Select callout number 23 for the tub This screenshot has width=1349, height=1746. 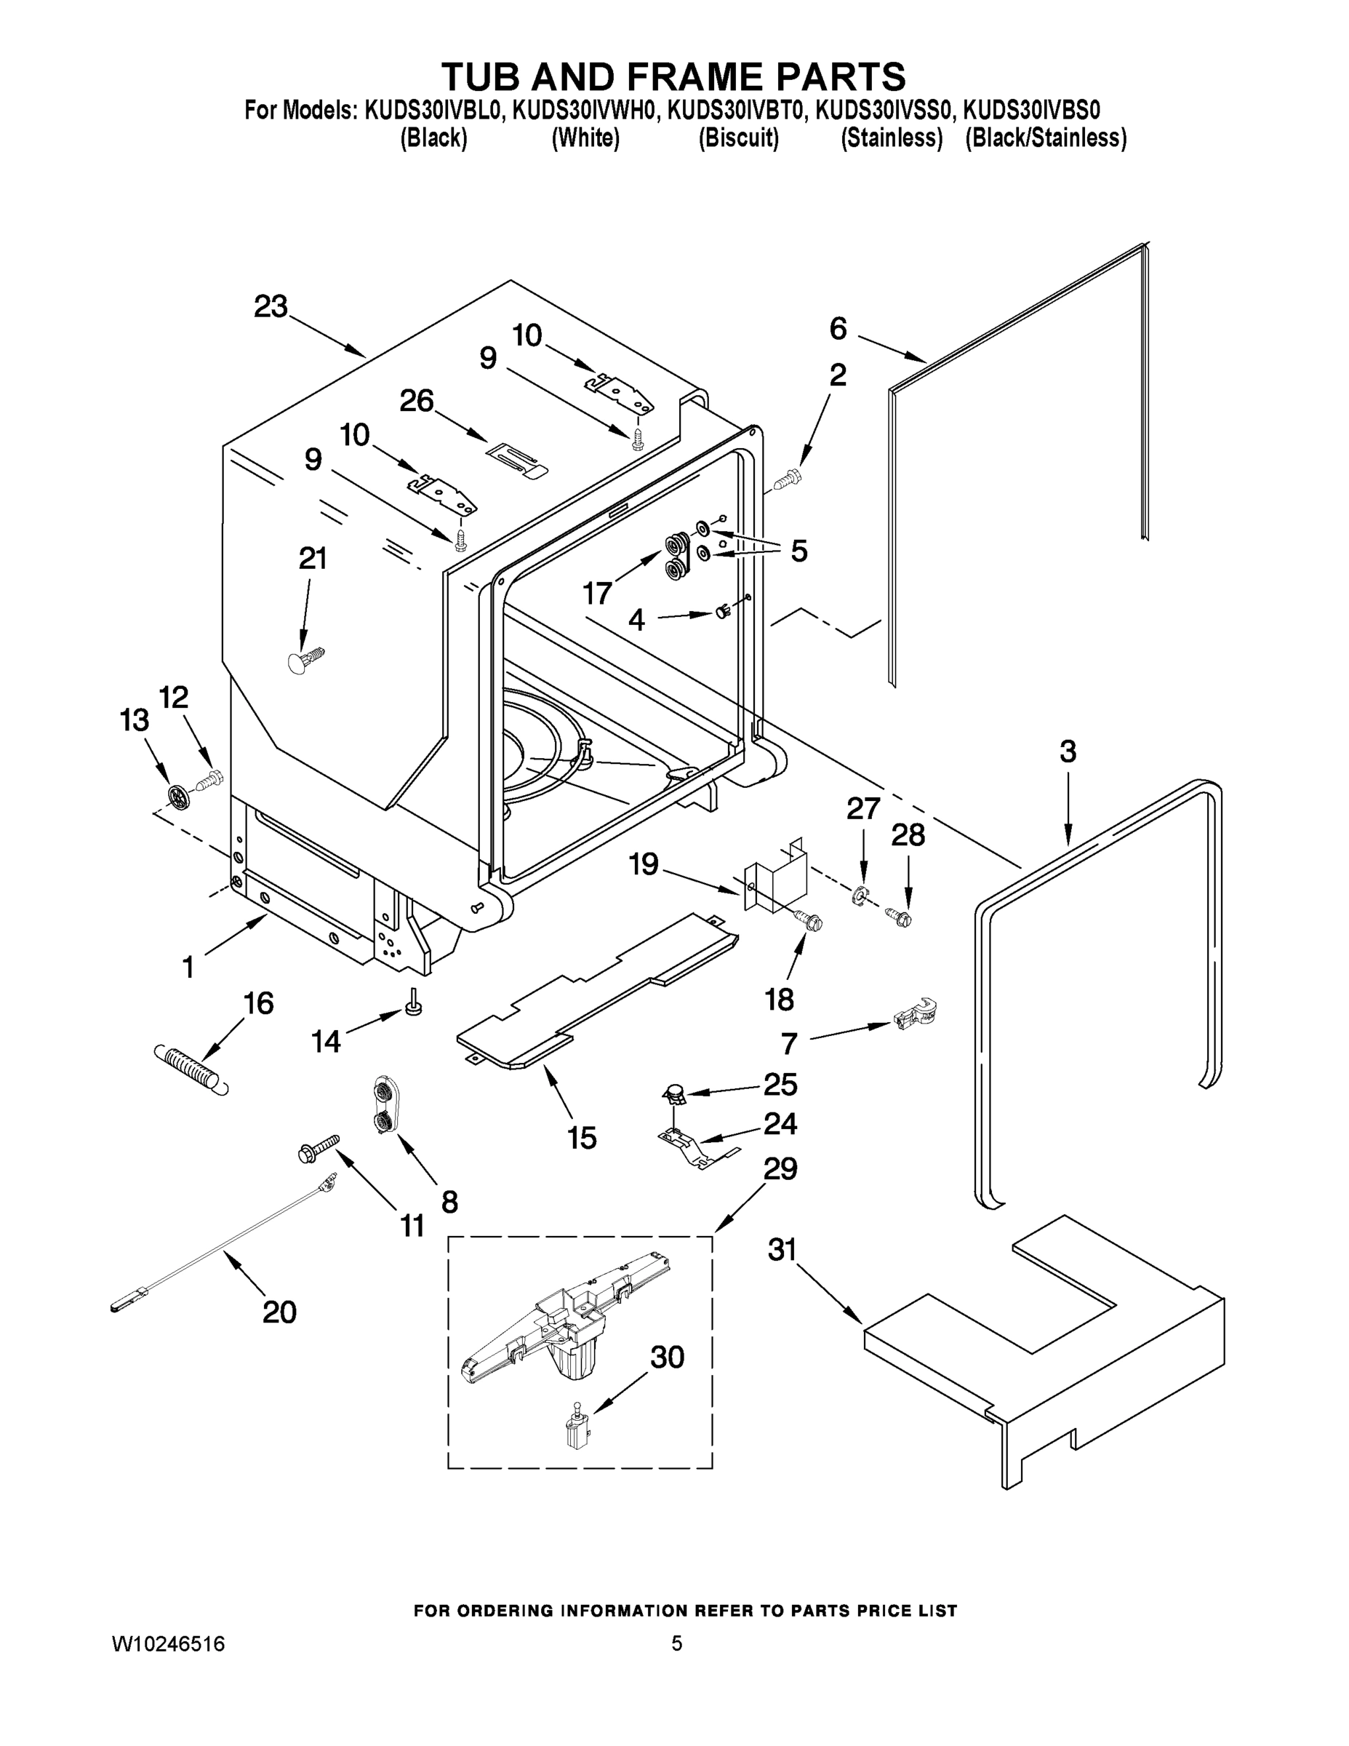point(271,307)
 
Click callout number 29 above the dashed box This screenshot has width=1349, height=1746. point(780,1169)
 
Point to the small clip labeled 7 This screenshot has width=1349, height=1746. point(915,1016)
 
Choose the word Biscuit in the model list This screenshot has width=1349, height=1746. point(738,138)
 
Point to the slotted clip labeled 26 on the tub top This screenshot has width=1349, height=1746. point(516,459)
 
